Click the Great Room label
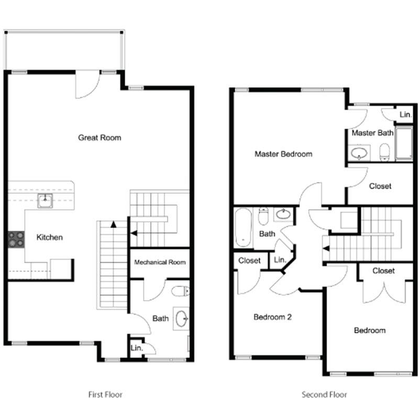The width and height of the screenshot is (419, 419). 100,138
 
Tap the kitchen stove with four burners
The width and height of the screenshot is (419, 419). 16,239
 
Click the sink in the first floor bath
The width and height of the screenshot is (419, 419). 181,318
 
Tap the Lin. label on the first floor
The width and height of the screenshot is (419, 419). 135,347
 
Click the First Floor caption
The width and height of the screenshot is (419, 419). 105,394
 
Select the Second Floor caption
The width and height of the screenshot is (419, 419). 324,394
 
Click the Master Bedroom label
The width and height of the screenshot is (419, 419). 283,154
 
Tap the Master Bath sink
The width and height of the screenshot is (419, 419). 360,153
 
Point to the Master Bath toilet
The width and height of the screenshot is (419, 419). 385,152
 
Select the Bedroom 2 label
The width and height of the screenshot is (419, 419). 272,317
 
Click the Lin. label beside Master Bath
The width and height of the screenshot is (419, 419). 405,114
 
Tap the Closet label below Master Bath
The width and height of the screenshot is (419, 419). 380,186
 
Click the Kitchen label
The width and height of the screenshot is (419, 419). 49,237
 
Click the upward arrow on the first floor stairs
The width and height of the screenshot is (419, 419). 113,225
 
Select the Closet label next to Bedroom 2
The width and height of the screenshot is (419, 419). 249,260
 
